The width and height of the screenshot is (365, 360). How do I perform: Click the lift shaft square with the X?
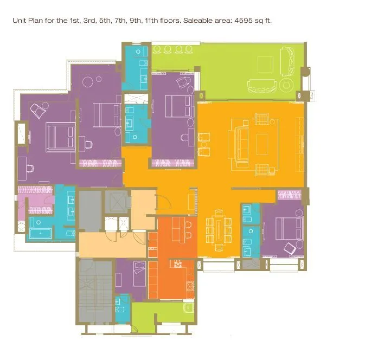[116, 202]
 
